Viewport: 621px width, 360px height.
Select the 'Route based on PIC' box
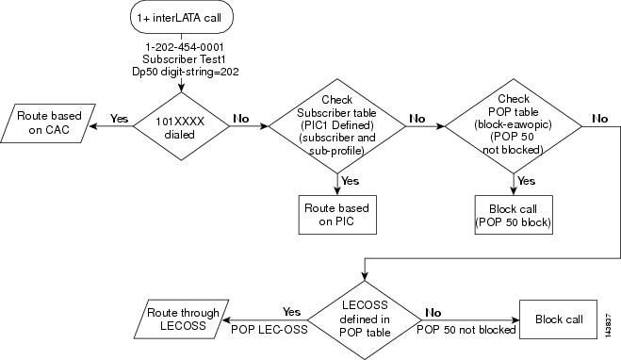pos(336,214)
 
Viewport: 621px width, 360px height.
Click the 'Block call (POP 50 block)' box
pos(513,214)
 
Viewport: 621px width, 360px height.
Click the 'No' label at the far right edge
pos(600,119)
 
